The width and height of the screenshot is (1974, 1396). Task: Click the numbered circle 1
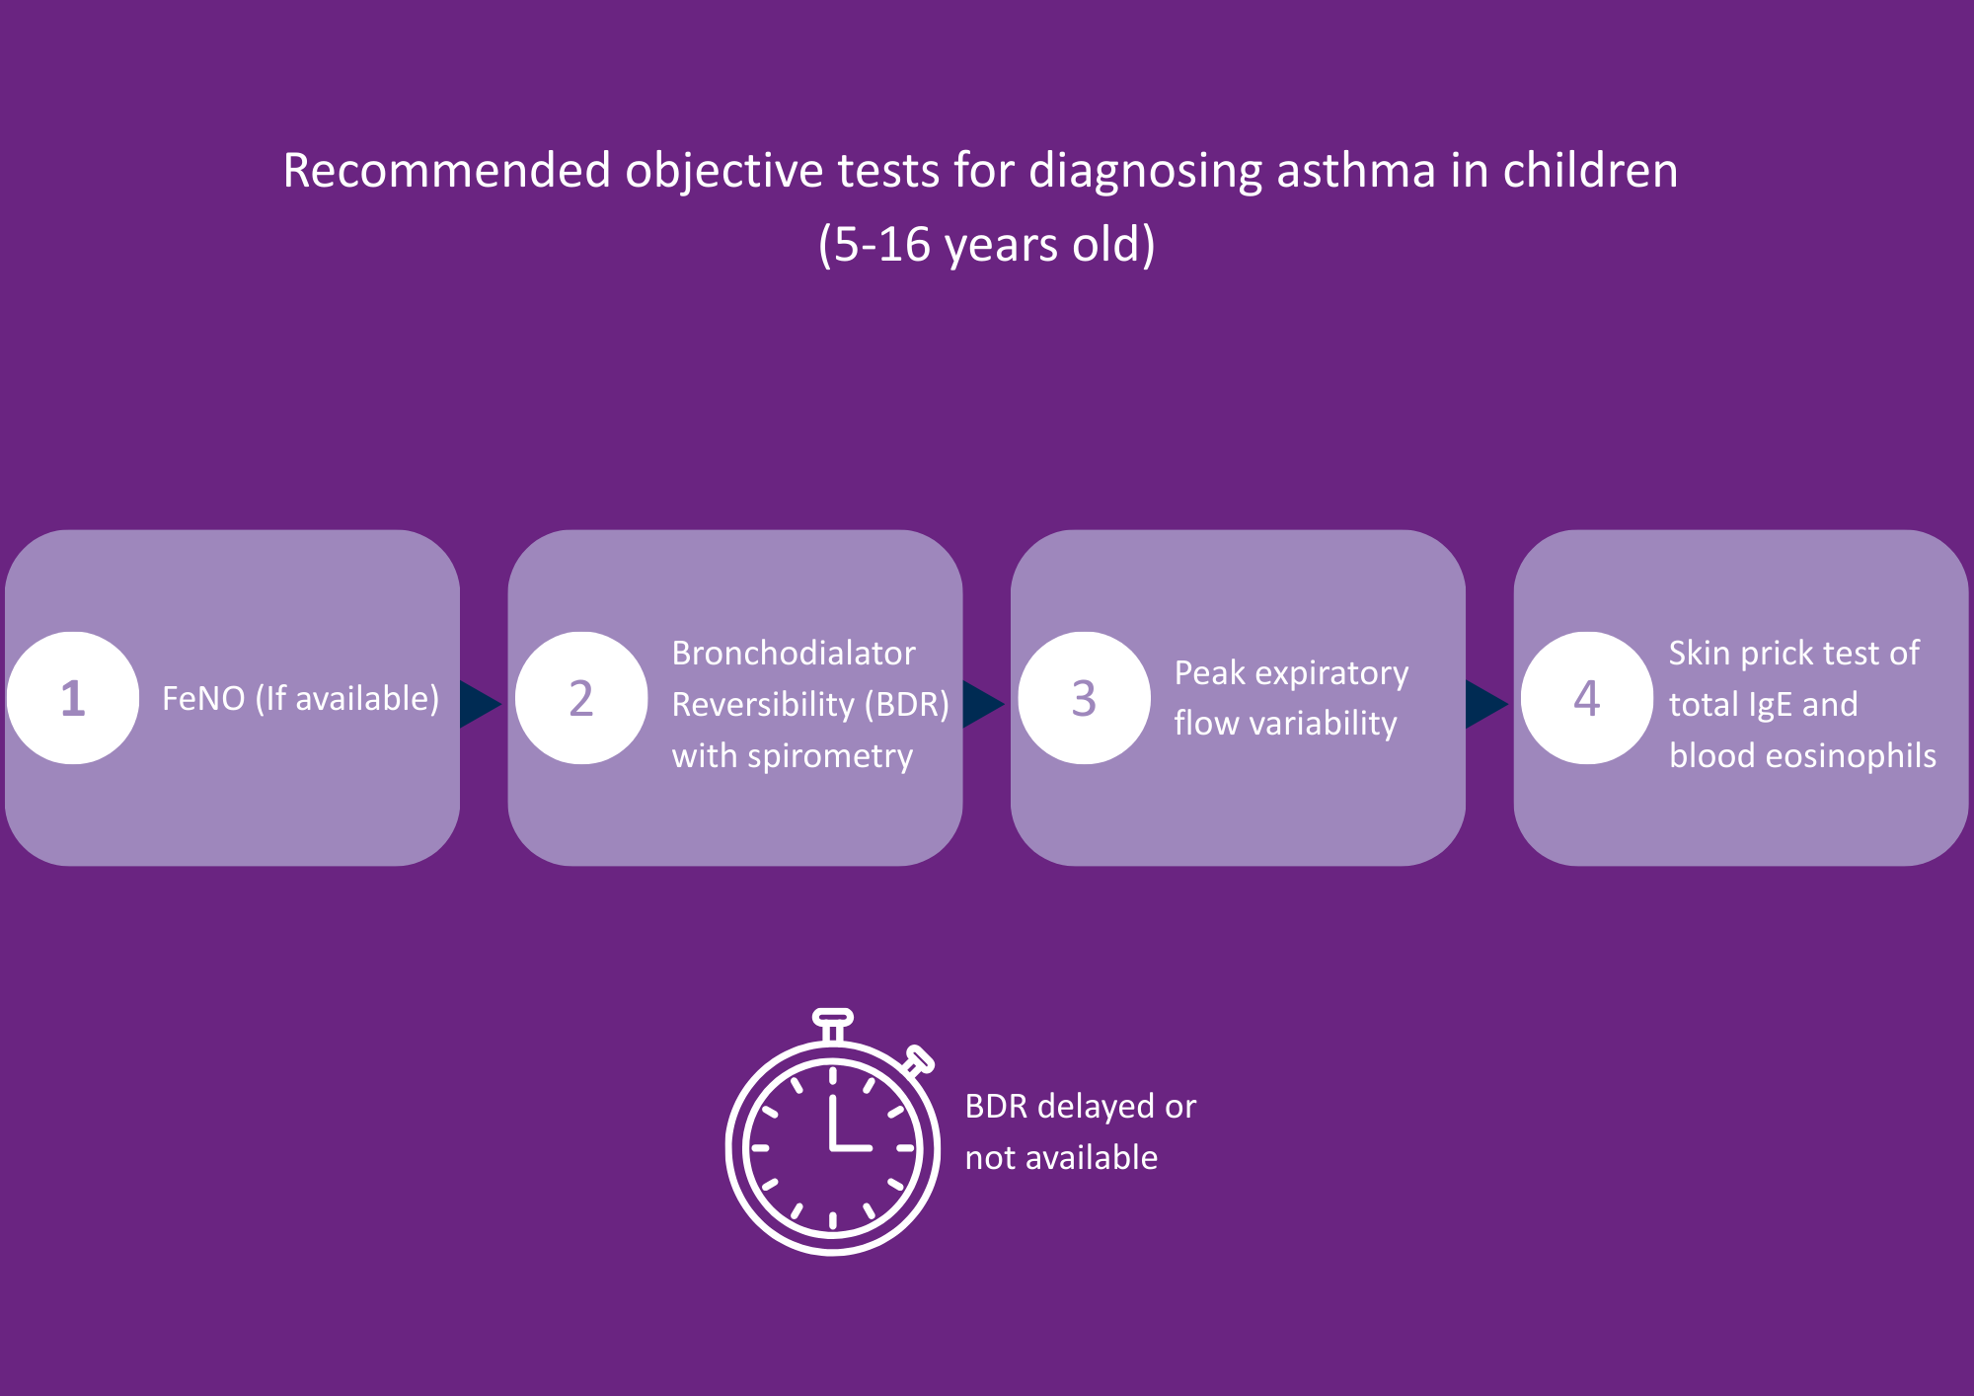73,698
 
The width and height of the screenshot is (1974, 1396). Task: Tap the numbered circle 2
581,698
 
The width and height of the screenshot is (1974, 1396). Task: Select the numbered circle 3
1084,698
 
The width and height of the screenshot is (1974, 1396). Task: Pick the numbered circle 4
1586,698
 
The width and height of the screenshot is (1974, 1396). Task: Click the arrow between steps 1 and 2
480,704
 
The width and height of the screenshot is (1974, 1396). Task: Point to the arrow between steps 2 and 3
982,704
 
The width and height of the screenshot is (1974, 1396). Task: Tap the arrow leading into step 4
1485,704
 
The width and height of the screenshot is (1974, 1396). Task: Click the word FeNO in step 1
203,699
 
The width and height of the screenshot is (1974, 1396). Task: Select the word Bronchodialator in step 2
794,654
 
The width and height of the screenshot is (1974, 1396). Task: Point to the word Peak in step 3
1209,673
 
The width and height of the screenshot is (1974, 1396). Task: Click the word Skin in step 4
1699,654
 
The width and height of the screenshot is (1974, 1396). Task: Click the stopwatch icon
832,1145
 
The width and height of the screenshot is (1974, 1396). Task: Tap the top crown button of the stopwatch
832,1018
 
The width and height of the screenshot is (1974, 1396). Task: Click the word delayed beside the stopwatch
1096,1108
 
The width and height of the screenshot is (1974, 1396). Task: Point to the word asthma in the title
1356,171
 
